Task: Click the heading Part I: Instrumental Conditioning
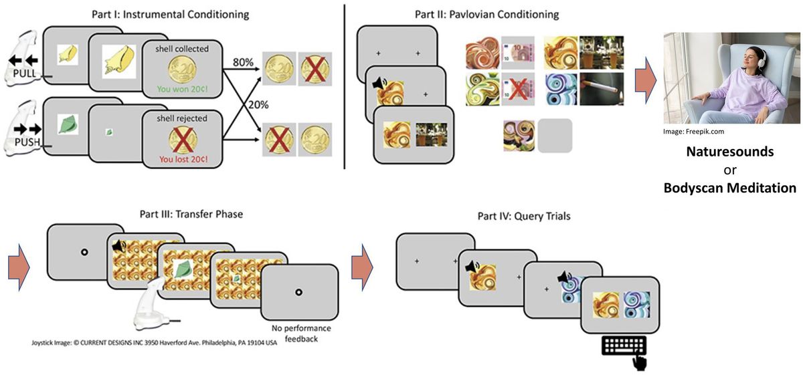point(171,14)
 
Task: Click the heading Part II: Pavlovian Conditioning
point(486,14)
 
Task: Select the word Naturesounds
point(729,152)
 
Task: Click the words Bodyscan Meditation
point(729,188)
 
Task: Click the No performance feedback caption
point(301,333)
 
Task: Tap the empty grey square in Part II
point(555,136)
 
